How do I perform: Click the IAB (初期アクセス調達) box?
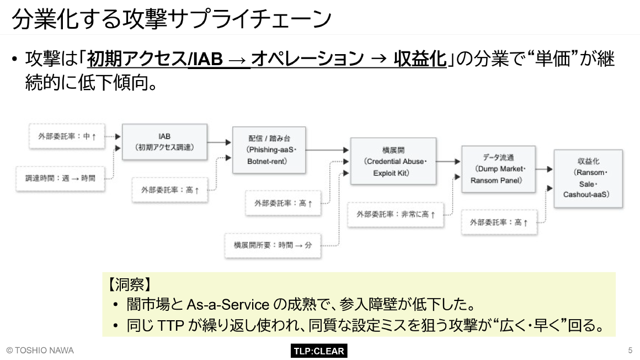click(x=164, y=142)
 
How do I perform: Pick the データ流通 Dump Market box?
click(x=498, y=169)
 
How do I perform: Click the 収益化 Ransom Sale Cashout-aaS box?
click(x=588, y=178)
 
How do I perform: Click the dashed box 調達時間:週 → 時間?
click(x=60, y=178)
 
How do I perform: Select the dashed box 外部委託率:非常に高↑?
click(x=395, y=214)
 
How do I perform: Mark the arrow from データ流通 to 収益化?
click(x=544, y=170)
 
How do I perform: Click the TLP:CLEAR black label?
click(x=318, y=351)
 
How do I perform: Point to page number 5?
click(x=630, y=351)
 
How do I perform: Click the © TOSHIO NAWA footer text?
click(x=40, y=351)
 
